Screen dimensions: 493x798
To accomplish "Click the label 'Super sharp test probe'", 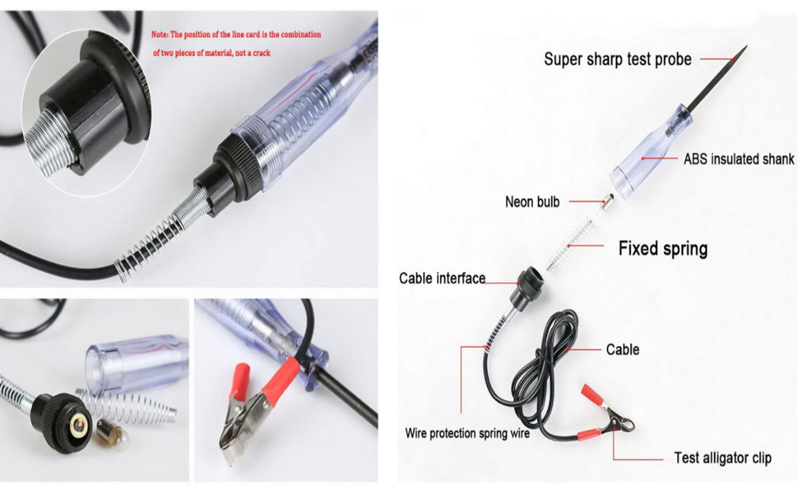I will tap(617, 58).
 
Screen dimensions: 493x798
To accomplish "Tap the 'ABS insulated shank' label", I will tap(739, 159).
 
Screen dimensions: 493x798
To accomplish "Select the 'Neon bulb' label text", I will tap(531, 200).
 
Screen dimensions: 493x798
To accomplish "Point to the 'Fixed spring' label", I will tap(662, 248).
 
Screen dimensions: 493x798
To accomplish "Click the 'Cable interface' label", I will tap(442, 279).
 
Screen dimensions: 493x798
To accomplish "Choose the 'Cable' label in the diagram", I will tap(622, 349).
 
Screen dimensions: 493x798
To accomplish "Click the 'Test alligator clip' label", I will tap(722, 458).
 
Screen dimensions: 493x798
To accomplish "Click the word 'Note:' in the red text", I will tap(165, 35).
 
